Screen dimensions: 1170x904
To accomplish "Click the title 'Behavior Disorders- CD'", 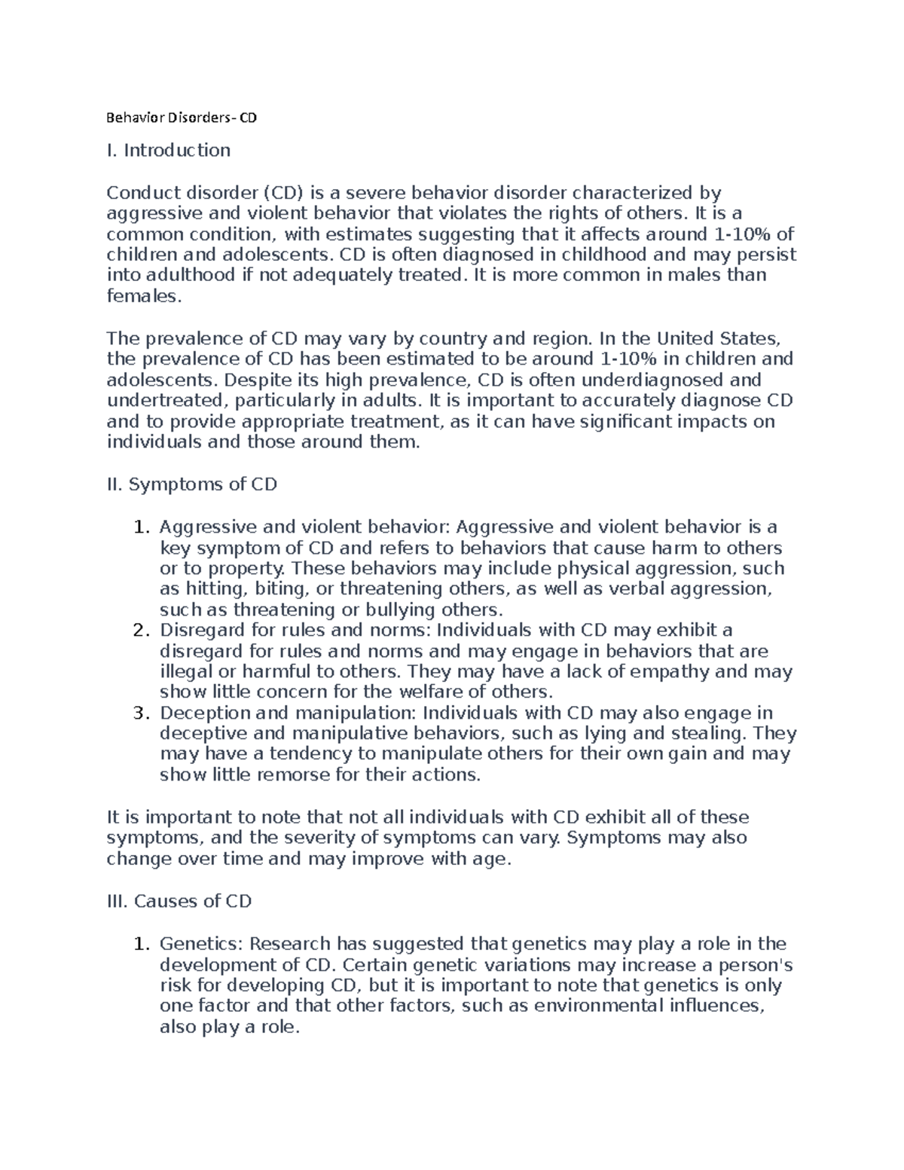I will coord(182,118).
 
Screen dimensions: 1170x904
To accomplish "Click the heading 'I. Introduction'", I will coord(168,151).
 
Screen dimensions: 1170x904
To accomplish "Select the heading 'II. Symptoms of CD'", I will coord(192,484).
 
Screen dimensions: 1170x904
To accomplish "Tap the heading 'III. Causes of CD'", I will coord(179,902).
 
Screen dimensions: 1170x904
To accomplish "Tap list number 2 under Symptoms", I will coord(139,631).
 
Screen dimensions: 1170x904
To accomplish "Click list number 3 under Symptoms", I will coord(139,713).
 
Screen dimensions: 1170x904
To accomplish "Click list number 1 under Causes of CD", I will coord(139,945).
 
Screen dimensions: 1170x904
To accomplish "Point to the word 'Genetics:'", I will coord(201,945).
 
